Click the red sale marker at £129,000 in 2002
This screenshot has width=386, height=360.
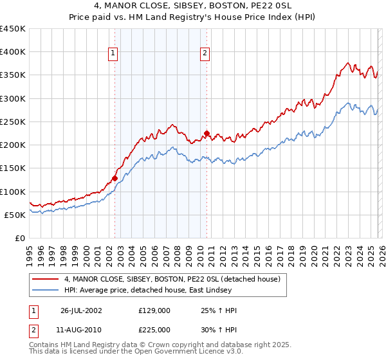click(x=115, y=179)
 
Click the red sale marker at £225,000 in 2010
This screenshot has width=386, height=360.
click(x=207, y=134)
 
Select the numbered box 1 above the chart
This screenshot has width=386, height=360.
click(x=113, y=54)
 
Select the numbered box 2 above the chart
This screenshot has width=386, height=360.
click(x=205, y=54)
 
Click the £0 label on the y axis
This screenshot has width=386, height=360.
click(x=19, y=239)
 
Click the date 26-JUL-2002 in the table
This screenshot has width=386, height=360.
click(x=81, y=310)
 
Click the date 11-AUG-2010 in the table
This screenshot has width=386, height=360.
click(x=81, y=328)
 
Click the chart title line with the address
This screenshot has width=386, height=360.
click(x=192, y=8)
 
